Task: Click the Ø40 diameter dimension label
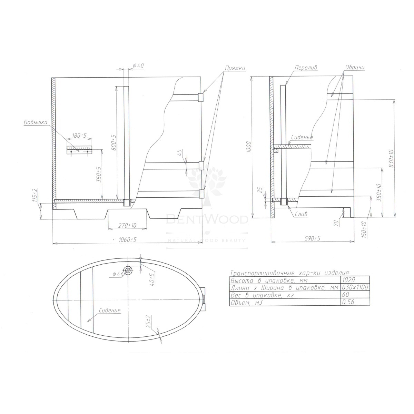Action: pyautogui.click(x=138, y=66)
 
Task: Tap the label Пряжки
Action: pyautogui.click(x=235, y=68)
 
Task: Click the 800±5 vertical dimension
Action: pyautogui.click(x=114, y=142)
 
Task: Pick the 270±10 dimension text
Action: pyautogui.click(x=128, y=225)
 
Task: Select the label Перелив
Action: pyautogui.click(x=306, y=68)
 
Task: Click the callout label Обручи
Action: pyautogui.click(x=355, y=67)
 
